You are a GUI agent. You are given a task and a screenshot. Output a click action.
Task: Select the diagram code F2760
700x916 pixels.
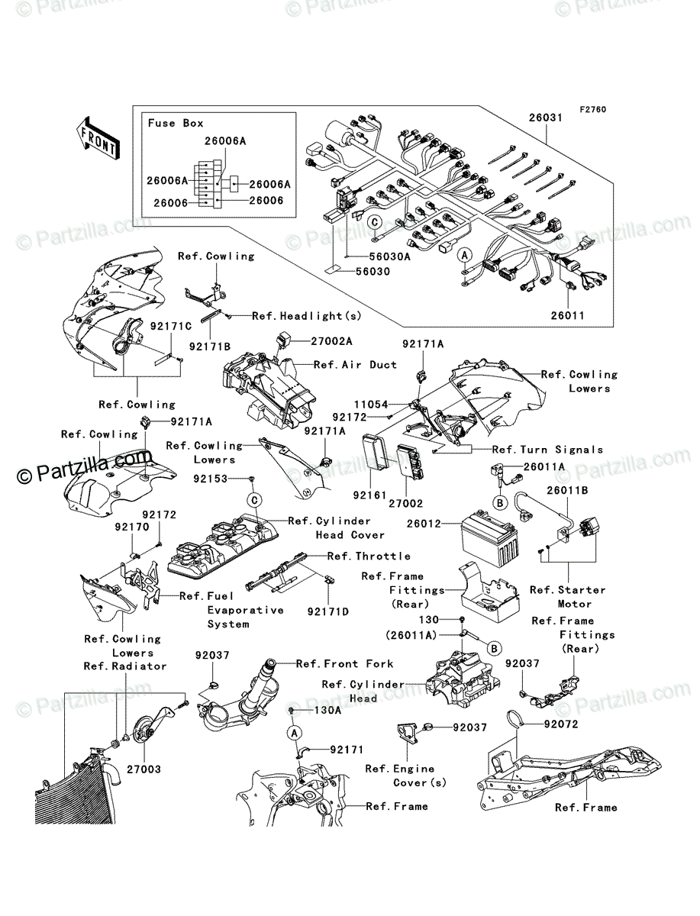592,110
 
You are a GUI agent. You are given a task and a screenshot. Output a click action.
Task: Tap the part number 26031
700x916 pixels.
545,118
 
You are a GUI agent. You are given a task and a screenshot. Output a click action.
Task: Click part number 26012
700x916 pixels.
424,524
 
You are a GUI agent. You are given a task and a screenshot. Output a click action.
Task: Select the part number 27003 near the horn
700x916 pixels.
144,769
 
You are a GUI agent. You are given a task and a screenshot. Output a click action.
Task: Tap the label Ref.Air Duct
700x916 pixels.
356,365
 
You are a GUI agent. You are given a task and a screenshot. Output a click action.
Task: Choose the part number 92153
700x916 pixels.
211,479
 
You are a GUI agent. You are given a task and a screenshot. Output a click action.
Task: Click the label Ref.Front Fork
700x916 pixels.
345,664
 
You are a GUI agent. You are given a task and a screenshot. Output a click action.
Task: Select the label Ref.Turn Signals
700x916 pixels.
547,450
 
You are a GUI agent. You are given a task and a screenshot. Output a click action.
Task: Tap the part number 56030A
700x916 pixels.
390,257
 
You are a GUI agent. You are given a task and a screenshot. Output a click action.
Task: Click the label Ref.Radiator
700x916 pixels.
125,666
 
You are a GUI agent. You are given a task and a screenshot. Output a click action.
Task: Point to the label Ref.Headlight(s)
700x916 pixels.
296,316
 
